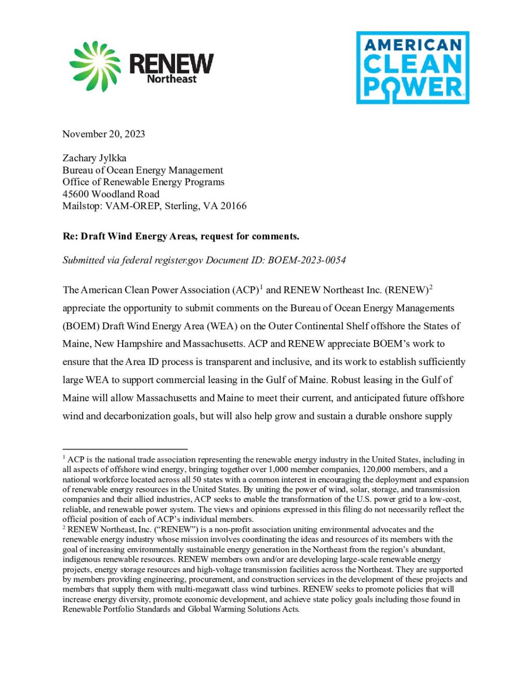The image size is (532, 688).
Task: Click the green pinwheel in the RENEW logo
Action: click(95, 66)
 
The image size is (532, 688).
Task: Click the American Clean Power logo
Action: click(413, 68)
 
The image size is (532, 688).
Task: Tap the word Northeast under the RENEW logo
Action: click(171, 79)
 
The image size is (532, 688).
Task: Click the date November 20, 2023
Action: click(103, 134)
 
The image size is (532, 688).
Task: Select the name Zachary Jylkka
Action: click(94, 158)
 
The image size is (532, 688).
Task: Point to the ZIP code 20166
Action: click(233, 206)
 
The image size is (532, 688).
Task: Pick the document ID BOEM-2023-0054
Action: click(307, 260)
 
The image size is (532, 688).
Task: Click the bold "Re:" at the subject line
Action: click(70, 236)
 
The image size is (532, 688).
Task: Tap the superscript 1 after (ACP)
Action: click(261, 287)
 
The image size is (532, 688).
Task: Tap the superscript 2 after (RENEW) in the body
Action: click(431, 287)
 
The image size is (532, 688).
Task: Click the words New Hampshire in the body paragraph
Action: click(127, 344)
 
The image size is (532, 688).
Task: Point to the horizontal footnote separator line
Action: click(125, 449)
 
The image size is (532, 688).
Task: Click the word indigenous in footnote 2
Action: click(81, 559)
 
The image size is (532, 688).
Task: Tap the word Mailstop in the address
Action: click(82, 206)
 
